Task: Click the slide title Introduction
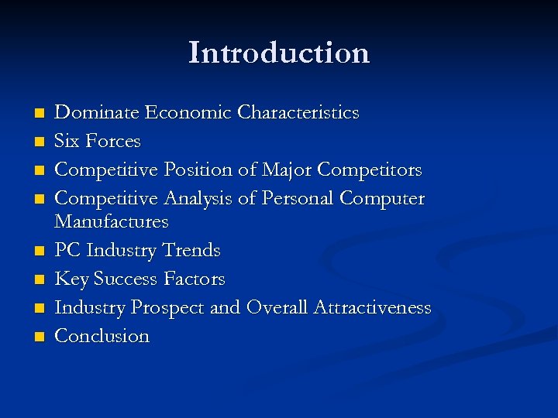[x=279, y=53]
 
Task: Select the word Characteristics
[x=298, y=113]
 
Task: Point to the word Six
[x=68, y=142]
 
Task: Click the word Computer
[x=382, y=199]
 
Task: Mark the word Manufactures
[x=111, y=221]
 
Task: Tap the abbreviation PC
[x=68, y=251]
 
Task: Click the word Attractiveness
[x=372, y=308]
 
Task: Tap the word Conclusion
[x=102, y=337]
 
